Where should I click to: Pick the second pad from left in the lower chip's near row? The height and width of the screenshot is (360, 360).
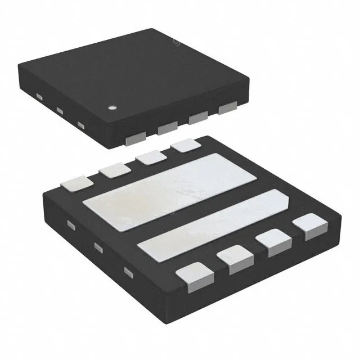point(233,260)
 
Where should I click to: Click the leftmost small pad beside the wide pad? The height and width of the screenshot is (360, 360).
point(78,183)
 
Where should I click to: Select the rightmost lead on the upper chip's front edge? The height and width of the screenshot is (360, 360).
point(228,107)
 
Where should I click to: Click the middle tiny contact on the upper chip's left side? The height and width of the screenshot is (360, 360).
point(59,111)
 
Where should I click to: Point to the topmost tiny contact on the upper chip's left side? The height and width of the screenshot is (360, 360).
point(39,97)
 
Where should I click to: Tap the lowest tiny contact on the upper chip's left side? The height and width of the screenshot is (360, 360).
point(82,125)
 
